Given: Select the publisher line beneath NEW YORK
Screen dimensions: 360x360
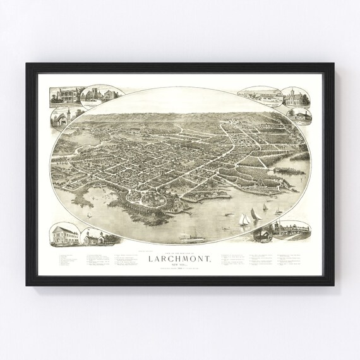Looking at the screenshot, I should click(x=180, y=272).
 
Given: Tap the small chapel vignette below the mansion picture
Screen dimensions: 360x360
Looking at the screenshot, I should click(x=61, y=118).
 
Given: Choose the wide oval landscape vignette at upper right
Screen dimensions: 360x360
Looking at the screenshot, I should click(x=260, y=94).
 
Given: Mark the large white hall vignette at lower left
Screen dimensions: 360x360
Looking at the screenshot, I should click(x=63, y=235).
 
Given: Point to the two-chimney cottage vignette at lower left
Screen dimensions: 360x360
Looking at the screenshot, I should click(x=96, y=237).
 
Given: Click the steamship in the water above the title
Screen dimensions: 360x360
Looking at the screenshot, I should click(x=189, y=239).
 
